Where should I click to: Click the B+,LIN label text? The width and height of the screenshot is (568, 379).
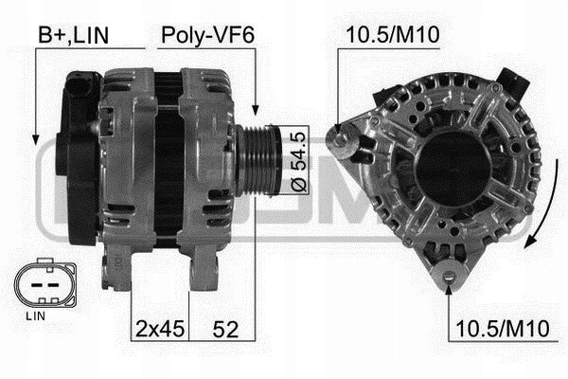tap(74, 35)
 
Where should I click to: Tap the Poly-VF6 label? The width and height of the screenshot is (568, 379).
tap(207, 35)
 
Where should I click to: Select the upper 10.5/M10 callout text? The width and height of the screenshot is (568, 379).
tap(393, 35)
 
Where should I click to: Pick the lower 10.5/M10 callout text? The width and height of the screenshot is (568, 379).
tap(503, 329)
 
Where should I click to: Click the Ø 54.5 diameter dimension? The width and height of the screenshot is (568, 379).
tap(299, 161)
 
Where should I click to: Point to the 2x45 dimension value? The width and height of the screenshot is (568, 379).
tap(160, 329)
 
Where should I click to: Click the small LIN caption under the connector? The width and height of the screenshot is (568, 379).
tap(36, 316)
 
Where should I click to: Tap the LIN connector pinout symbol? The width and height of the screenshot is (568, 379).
tap(45, 283)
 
